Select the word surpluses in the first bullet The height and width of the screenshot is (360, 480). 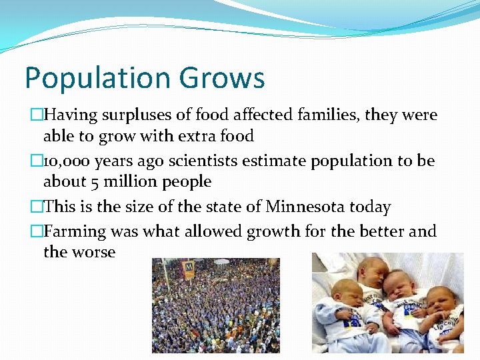[x=134, y=115]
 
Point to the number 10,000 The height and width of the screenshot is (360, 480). [x=66, y=161]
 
